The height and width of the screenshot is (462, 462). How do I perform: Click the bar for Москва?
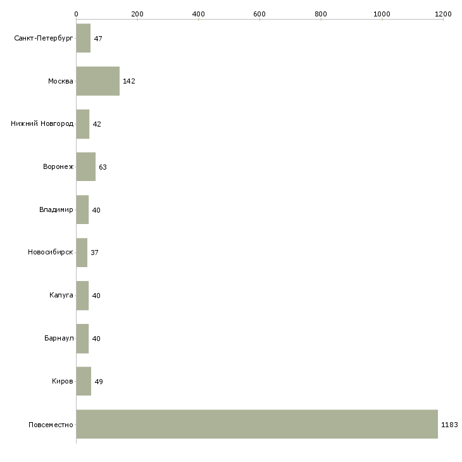pos(98,81)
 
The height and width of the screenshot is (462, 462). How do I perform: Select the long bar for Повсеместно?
pos(257,424)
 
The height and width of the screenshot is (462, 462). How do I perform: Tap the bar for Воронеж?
pos(86,166)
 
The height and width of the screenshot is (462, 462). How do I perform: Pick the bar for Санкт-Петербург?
pos(84,38)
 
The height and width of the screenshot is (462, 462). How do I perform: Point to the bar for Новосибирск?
pos(82,253)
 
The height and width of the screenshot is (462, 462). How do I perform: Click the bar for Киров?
pos(84,381)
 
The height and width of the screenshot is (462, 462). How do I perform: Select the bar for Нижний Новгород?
pos(83,124)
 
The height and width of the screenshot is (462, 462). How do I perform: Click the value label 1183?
pos(449,425)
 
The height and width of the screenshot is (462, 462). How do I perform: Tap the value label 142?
pos(129,82)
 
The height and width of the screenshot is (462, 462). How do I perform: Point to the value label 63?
pos(103,167)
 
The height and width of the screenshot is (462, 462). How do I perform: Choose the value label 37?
pos(94,253)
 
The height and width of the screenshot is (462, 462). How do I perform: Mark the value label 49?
pos(99,382)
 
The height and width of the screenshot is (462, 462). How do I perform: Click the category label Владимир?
pos(56,209)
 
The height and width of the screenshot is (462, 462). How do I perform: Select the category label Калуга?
pos(61,296)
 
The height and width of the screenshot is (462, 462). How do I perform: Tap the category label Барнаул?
pos(59,339)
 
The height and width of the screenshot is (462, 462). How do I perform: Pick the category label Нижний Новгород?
pos(42,124)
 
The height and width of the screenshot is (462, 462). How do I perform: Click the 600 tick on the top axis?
pos(259,14)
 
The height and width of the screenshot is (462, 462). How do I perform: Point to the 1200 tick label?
pos(443,14)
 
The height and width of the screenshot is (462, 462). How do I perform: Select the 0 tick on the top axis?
pos(77,14)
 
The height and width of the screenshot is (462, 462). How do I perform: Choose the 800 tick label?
pos(321,14)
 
